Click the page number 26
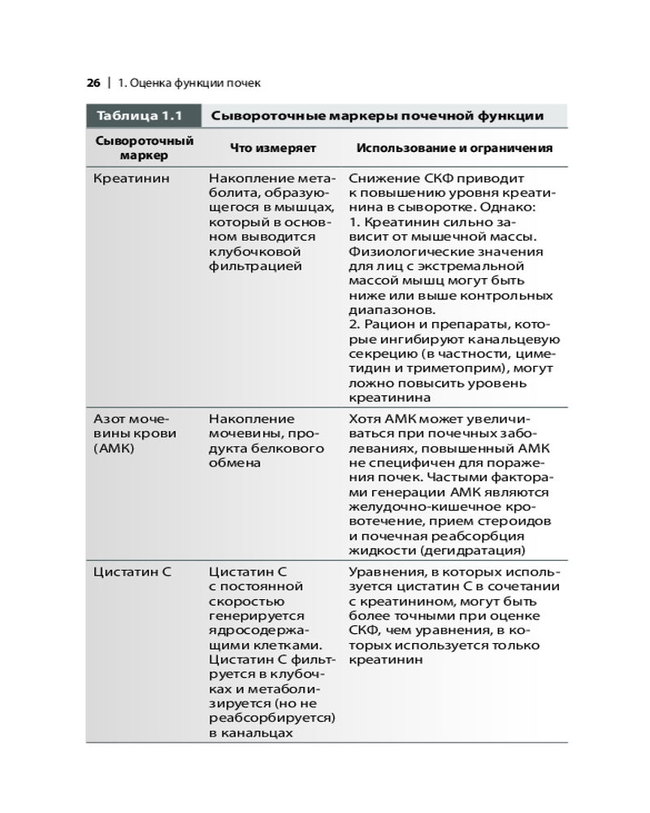(x=93, y=83)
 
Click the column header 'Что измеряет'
(x=273, y=148)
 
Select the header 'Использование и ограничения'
(x=454, y=148)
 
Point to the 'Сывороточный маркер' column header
(x=144, y=148)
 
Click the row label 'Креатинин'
(x=132, y=178)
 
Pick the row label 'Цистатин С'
(x=132, y=572)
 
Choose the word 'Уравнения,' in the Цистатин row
(x=384, y=572)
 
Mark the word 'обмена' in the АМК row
(x=234, y=463)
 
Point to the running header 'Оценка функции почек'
(x=194, y=83)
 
